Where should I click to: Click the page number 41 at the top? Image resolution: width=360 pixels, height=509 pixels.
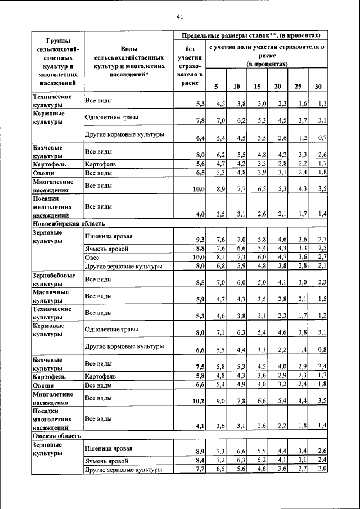point(180,16)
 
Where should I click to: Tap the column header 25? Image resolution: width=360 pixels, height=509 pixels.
point(298,86)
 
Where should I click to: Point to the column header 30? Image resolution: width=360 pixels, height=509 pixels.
point(318,86)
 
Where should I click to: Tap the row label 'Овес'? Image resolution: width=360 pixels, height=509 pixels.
point(92,257)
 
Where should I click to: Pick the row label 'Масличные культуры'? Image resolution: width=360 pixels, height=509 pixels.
point(51,296)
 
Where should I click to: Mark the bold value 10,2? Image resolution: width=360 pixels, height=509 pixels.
point(198,401)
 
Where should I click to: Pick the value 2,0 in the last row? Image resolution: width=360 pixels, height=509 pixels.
point(322,469)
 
